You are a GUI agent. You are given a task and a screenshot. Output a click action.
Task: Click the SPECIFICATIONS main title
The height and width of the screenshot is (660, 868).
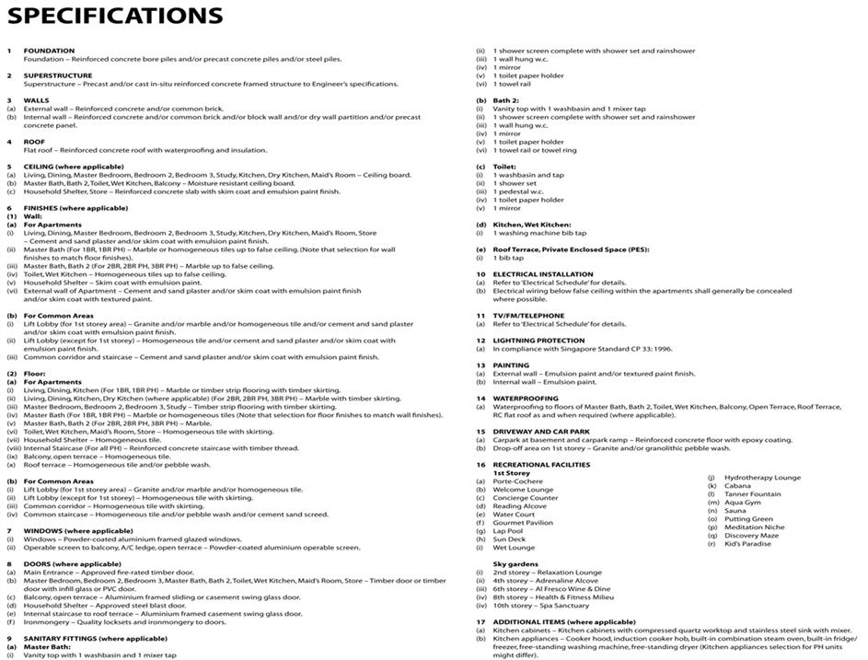115,16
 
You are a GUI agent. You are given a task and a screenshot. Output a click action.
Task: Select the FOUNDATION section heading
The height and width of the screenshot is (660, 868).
49,51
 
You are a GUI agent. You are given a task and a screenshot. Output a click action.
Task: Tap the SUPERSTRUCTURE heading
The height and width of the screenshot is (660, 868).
58,75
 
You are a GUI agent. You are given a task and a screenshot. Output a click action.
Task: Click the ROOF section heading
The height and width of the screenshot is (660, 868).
34,142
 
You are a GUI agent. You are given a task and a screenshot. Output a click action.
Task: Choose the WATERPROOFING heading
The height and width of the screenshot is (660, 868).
526,399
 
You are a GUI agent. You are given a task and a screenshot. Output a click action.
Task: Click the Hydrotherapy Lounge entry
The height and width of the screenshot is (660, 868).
762,478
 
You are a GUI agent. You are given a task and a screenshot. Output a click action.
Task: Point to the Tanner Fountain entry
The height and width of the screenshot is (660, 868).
752,494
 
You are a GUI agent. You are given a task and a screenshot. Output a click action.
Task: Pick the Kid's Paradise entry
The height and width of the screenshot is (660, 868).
747,544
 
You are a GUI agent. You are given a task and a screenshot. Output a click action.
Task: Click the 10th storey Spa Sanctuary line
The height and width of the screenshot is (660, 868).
542,605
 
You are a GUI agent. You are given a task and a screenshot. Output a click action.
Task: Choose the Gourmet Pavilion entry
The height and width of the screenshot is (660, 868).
523,523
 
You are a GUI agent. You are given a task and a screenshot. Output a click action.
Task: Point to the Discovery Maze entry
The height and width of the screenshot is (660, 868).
751,536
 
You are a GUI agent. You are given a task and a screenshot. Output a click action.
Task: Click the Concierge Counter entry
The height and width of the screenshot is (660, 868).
525,498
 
